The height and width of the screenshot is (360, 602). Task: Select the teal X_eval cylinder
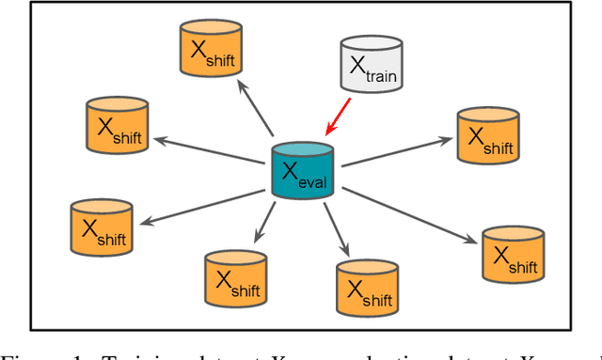click(302, 169)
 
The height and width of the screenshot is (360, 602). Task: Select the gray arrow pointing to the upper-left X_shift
click(211, 150)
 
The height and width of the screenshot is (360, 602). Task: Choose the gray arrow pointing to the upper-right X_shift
click(395, 153)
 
